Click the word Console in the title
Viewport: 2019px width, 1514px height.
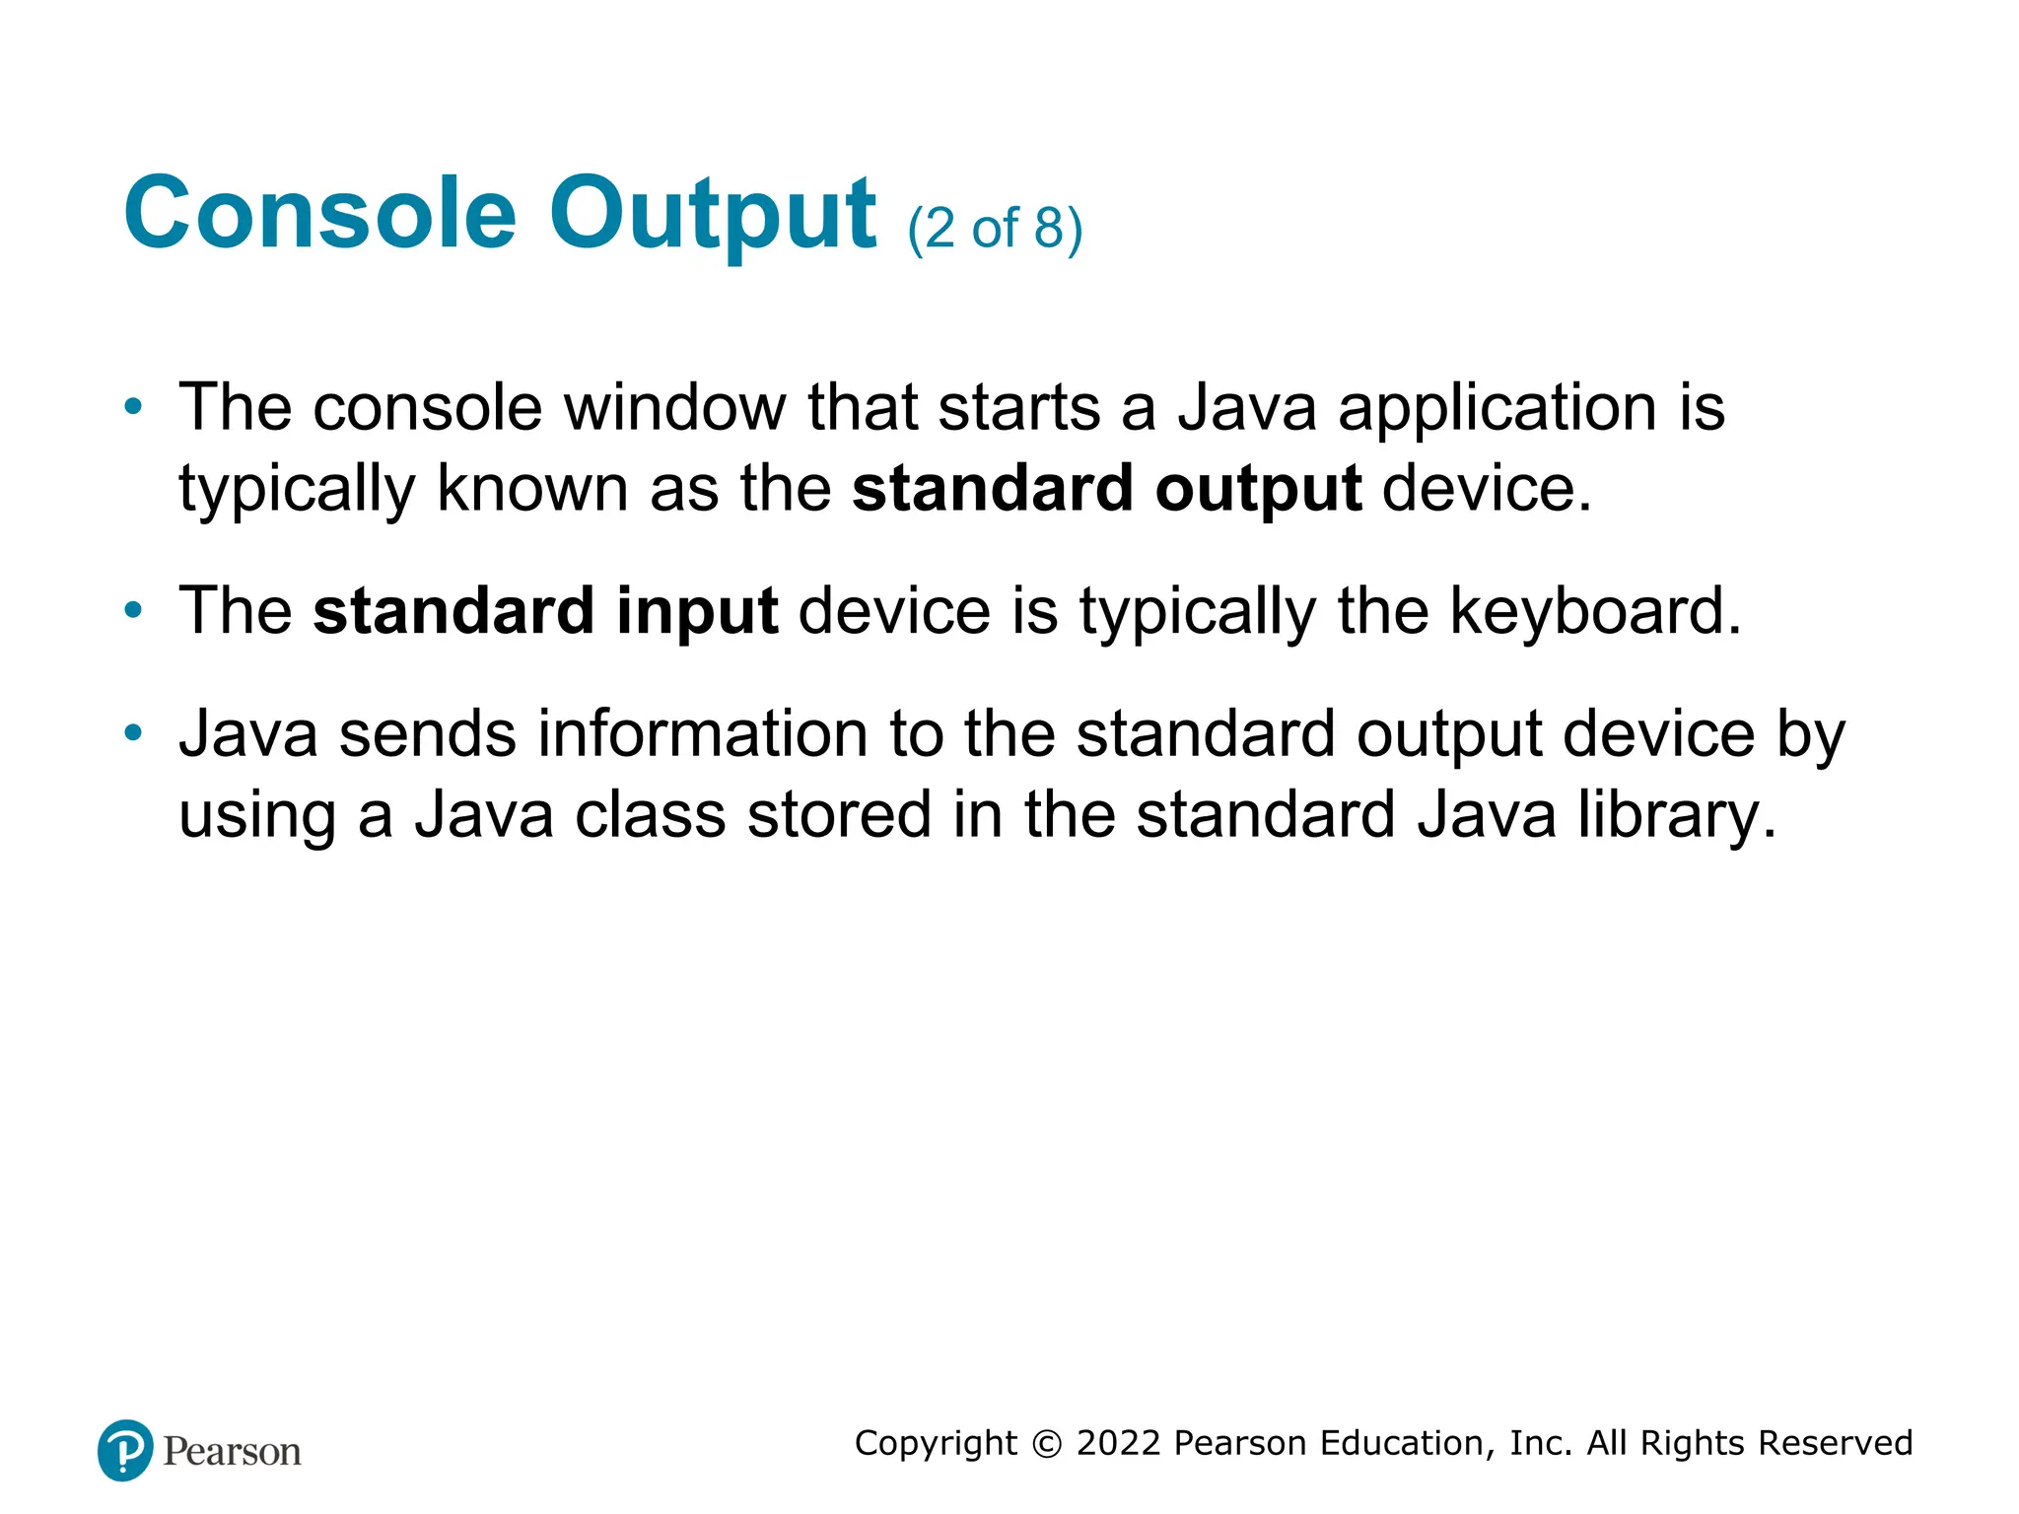tap(319, 213)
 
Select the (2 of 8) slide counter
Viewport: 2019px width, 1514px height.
tap(995, 229)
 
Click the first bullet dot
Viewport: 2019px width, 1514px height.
tap(133, 406)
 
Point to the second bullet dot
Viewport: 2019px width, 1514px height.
tap(133, 610)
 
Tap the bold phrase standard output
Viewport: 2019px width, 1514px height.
tap(1106, 489)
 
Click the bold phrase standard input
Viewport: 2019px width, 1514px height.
tap(545, 611)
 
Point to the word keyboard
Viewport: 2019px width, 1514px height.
tap(1594, 611)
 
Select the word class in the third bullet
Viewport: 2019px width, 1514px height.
tap(650, 815)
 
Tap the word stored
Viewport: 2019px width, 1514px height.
tap(839, 815)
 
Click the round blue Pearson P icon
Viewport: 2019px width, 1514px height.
tap(125, 1450)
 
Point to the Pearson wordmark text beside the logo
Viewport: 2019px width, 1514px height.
tap(232, 1452)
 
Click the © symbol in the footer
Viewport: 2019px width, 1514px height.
tap(1047, 1444)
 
